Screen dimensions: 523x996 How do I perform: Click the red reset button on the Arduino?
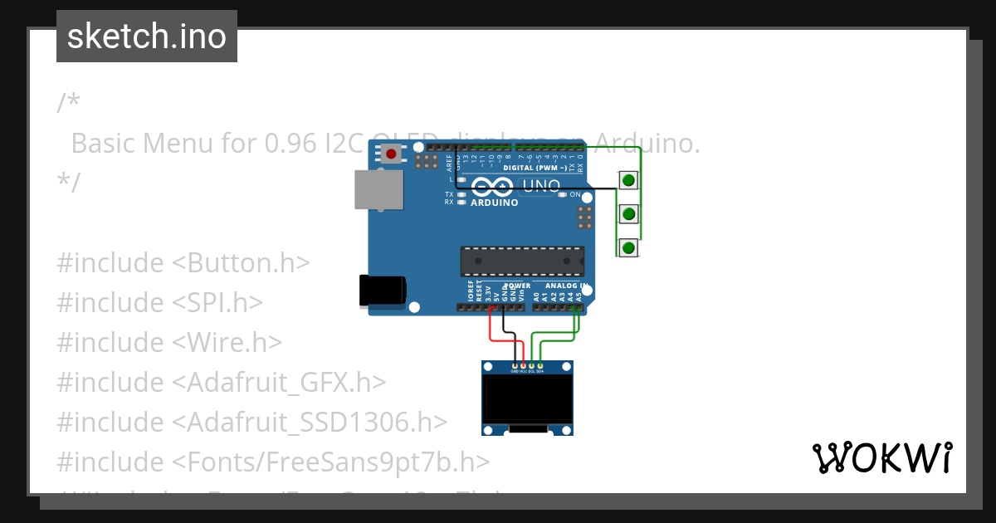[x=391, y=154]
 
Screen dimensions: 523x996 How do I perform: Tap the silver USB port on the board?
[x=378, y=189]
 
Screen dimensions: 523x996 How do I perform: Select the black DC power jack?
[x=382, y=290]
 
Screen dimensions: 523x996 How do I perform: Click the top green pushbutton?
[x=629, y=179]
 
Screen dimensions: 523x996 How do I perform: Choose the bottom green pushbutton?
[x=629, y=247]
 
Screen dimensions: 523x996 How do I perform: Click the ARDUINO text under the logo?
[x=494, y=203]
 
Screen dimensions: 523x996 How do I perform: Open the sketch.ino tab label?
[x=147, y=37]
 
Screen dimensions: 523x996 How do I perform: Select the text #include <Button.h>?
[x=183, y=262]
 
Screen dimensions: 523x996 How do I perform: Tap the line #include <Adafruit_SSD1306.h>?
[x=251, y=422]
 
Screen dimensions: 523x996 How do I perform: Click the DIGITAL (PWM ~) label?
[x=535, y=168]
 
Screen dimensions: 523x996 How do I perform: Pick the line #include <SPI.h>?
[x=159, y=302]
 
